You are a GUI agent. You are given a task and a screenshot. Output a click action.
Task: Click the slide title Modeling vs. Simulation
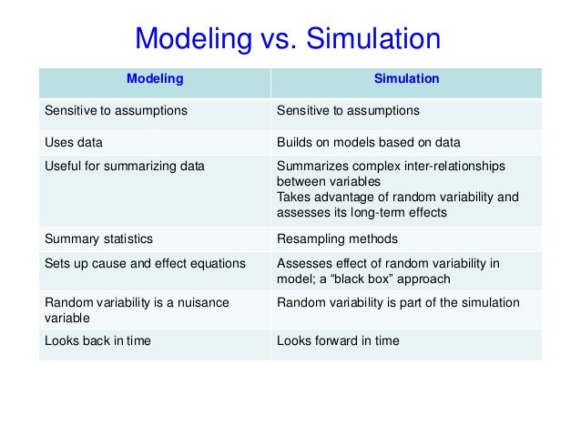click(x=288, y=39)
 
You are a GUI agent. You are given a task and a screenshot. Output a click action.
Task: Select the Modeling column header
click(x=154, y=79)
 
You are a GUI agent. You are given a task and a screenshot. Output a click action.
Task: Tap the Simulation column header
click(x=406, y=79)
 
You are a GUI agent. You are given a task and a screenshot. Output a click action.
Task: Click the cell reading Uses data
click(x=75, y=143)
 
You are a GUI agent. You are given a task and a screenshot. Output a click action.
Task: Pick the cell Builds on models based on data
click(x=368, y=143)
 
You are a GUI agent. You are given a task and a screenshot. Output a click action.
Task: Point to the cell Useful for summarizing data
click(x=125, y=167)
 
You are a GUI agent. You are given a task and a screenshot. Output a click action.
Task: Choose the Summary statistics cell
click(x=99, y=239)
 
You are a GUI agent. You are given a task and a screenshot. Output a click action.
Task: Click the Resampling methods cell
click(x=336, y=239)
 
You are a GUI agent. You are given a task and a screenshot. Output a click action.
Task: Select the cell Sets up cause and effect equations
click(x=145, y=264)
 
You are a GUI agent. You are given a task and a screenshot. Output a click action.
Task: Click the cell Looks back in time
click(x=98, y=341)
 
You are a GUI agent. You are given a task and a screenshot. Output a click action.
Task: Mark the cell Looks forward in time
click(x=337, y=341)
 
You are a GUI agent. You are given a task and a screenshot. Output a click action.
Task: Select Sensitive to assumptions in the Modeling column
click(x=116, y=111)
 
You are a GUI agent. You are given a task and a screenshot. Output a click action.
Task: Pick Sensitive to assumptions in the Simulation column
click(x=347, y=111)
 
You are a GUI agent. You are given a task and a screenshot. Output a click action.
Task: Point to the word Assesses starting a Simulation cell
click(x=301, y=264)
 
